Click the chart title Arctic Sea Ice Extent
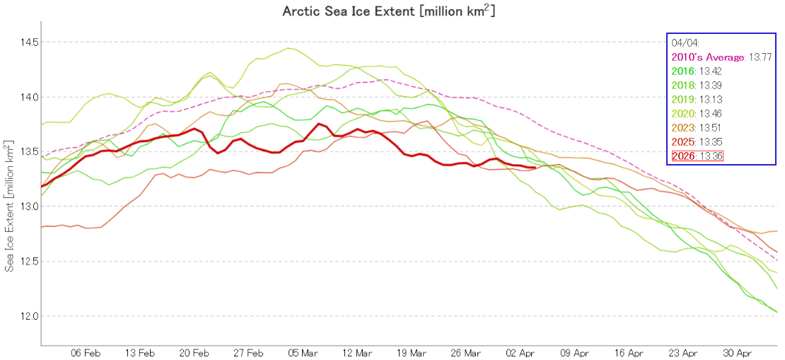392,11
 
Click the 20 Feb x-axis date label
194,352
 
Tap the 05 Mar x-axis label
303,352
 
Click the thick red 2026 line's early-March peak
319,124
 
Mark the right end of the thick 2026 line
534,168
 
